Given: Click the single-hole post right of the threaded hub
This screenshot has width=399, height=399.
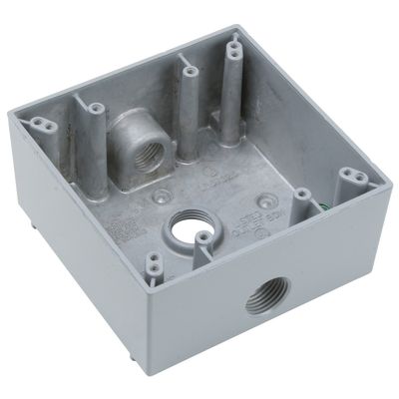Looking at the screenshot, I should coord(188,70).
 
